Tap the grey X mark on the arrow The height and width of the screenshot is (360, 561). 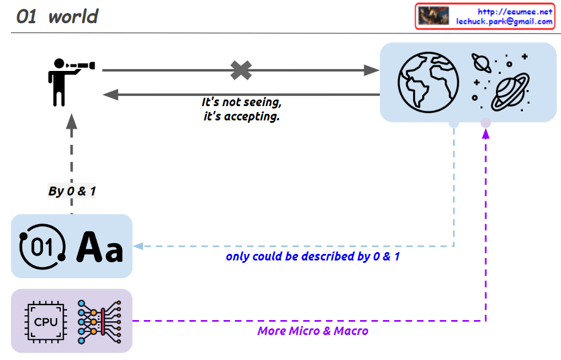coord(241,70)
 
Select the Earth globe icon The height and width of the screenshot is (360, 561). coord(427,82)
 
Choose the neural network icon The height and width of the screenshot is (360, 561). coord(99,321)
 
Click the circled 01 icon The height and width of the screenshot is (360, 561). coord(42,246)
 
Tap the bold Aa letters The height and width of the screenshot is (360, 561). coord(100,247)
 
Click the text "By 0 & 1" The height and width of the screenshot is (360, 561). coord(72,191)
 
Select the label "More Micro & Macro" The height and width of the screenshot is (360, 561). coord(312,331)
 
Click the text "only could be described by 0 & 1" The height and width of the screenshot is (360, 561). coord(312,257)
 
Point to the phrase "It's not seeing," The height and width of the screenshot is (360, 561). coord(241,103)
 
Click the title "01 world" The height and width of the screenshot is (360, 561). coord(57,17)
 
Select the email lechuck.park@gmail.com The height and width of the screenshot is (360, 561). coord(504,21)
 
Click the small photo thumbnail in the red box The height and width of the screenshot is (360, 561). coord(433,16)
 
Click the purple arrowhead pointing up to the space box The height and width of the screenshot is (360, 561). coord(486,134)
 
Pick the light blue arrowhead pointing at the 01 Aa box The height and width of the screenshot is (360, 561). coord(138,246)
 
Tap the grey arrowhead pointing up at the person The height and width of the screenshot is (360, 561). coord(72,122)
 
